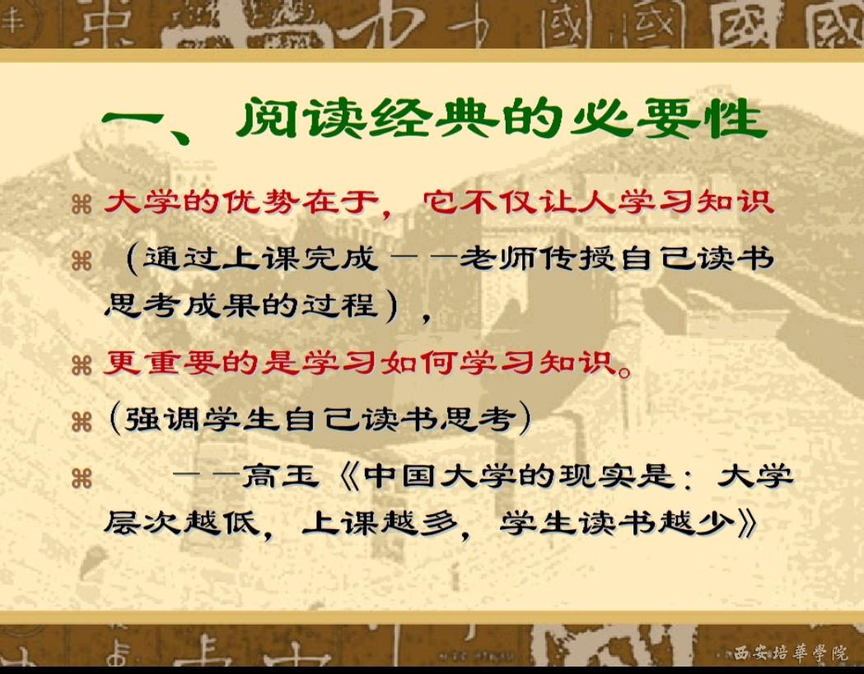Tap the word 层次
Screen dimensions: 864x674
point(141,523)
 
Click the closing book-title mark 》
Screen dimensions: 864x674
point(748,523)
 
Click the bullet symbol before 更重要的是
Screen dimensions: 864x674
point(82,365)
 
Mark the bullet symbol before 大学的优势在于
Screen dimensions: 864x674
point(82,205)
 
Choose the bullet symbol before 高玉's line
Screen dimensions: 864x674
point(82,478)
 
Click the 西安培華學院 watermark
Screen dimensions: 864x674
point(791,653)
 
